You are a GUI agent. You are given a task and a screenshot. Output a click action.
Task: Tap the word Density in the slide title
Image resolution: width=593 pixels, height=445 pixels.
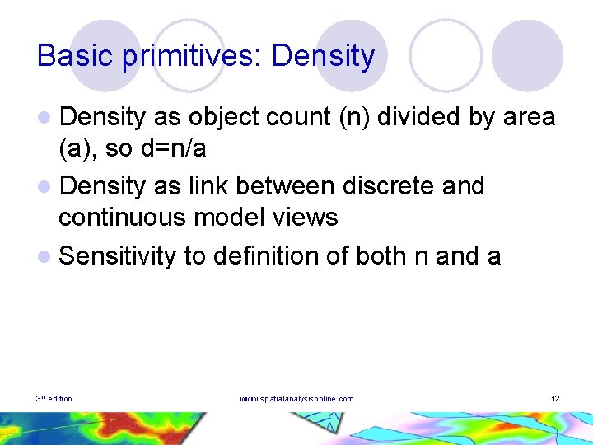[x=323, y=56]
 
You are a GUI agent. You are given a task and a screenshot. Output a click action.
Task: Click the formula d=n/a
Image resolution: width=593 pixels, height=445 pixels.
[x=173, y=149]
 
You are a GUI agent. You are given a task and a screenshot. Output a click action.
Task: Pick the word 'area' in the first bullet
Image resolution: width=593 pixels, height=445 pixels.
[x=529, y=118]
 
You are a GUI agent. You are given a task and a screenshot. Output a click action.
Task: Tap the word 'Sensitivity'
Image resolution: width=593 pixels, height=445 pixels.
[x=118, y=256]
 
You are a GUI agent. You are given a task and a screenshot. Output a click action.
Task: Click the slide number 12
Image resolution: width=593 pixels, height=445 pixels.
[x=555, y=399]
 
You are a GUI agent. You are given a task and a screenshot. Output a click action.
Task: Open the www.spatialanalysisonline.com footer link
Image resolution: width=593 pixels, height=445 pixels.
[x=296, y=399]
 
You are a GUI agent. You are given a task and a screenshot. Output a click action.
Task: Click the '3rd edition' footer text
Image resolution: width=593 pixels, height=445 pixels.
[x=54, y=399]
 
